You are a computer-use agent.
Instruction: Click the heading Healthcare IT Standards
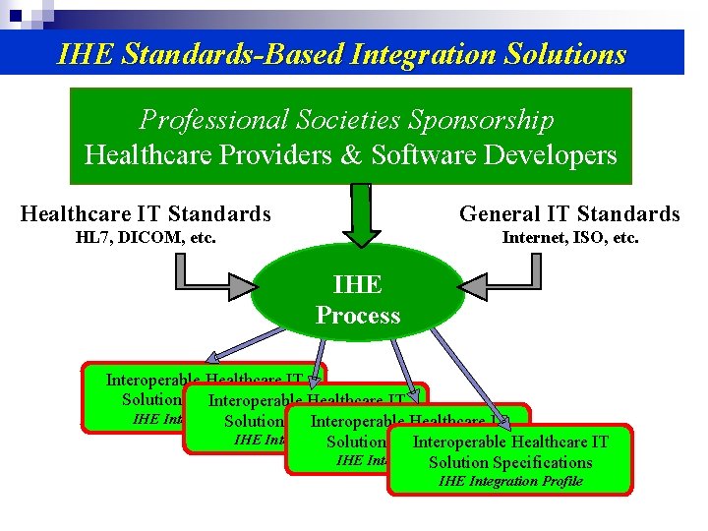coord(146,213)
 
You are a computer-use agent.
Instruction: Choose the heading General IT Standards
coord(569,213)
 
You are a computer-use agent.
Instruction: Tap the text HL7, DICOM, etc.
coord(146,237)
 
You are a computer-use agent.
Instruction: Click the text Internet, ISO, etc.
coord(570,237)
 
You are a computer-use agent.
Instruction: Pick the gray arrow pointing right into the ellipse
coord(214,286)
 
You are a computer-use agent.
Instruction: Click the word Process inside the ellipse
coord(358,316)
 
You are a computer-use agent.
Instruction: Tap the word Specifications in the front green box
coord(543,462)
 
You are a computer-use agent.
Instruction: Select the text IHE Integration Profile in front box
coord(510,481)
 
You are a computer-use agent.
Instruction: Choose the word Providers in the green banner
coord(269,154)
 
